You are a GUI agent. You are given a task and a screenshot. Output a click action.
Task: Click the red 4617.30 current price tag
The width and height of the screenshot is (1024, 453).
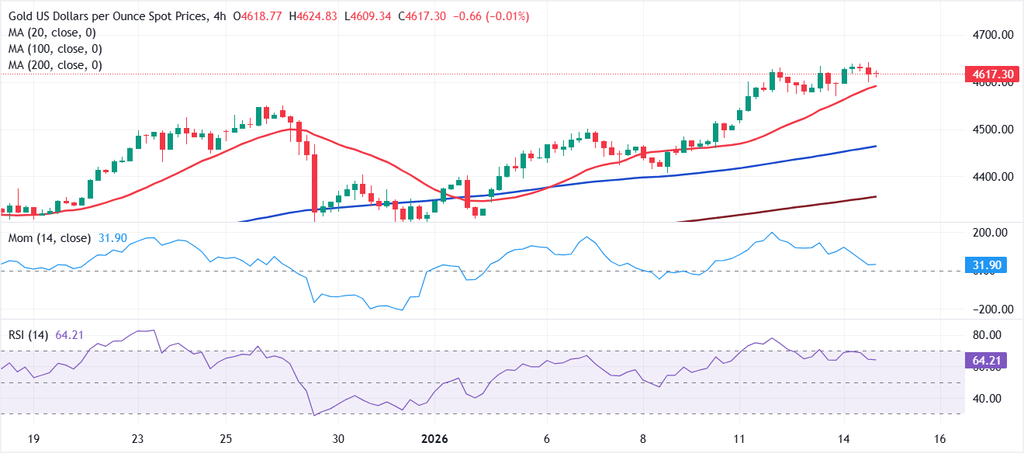[x=990, y=74]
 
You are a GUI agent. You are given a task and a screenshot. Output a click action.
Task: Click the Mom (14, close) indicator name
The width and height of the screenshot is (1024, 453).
[x=50, y=237]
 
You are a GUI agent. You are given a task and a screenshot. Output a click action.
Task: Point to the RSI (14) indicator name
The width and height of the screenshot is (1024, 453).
[x=28, y=335]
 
